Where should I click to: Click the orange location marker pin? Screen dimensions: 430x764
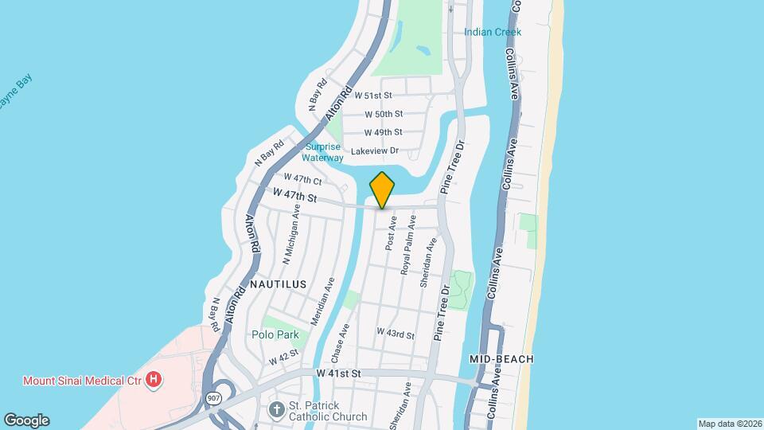click(382, 190)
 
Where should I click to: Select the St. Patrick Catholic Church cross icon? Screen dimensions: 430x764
click(276, 410)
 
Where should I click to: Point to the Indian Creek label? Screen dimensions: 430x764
click(493, 33)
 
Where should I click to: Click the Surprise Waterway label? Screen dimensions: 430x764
click(322, 152)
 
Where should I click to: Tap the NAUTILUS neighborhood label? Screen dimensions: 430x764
click(278, 283)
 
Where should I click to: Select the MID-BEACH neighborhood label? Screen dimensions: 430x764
click(501, 359)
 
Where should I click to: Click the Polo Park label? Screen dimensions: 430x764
click(275, 335)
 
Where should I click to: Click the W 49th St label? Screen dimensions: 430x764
click(383, 132)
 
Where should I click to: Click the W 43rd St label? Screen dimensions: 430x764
click(396, 334)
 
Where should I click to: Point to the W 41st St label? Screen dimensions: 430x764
click(338, 373)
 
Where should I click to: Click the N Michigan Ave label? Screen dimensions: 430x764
click(292, 234)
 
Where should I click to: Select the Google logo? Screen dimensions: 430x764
click(26, 420)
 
